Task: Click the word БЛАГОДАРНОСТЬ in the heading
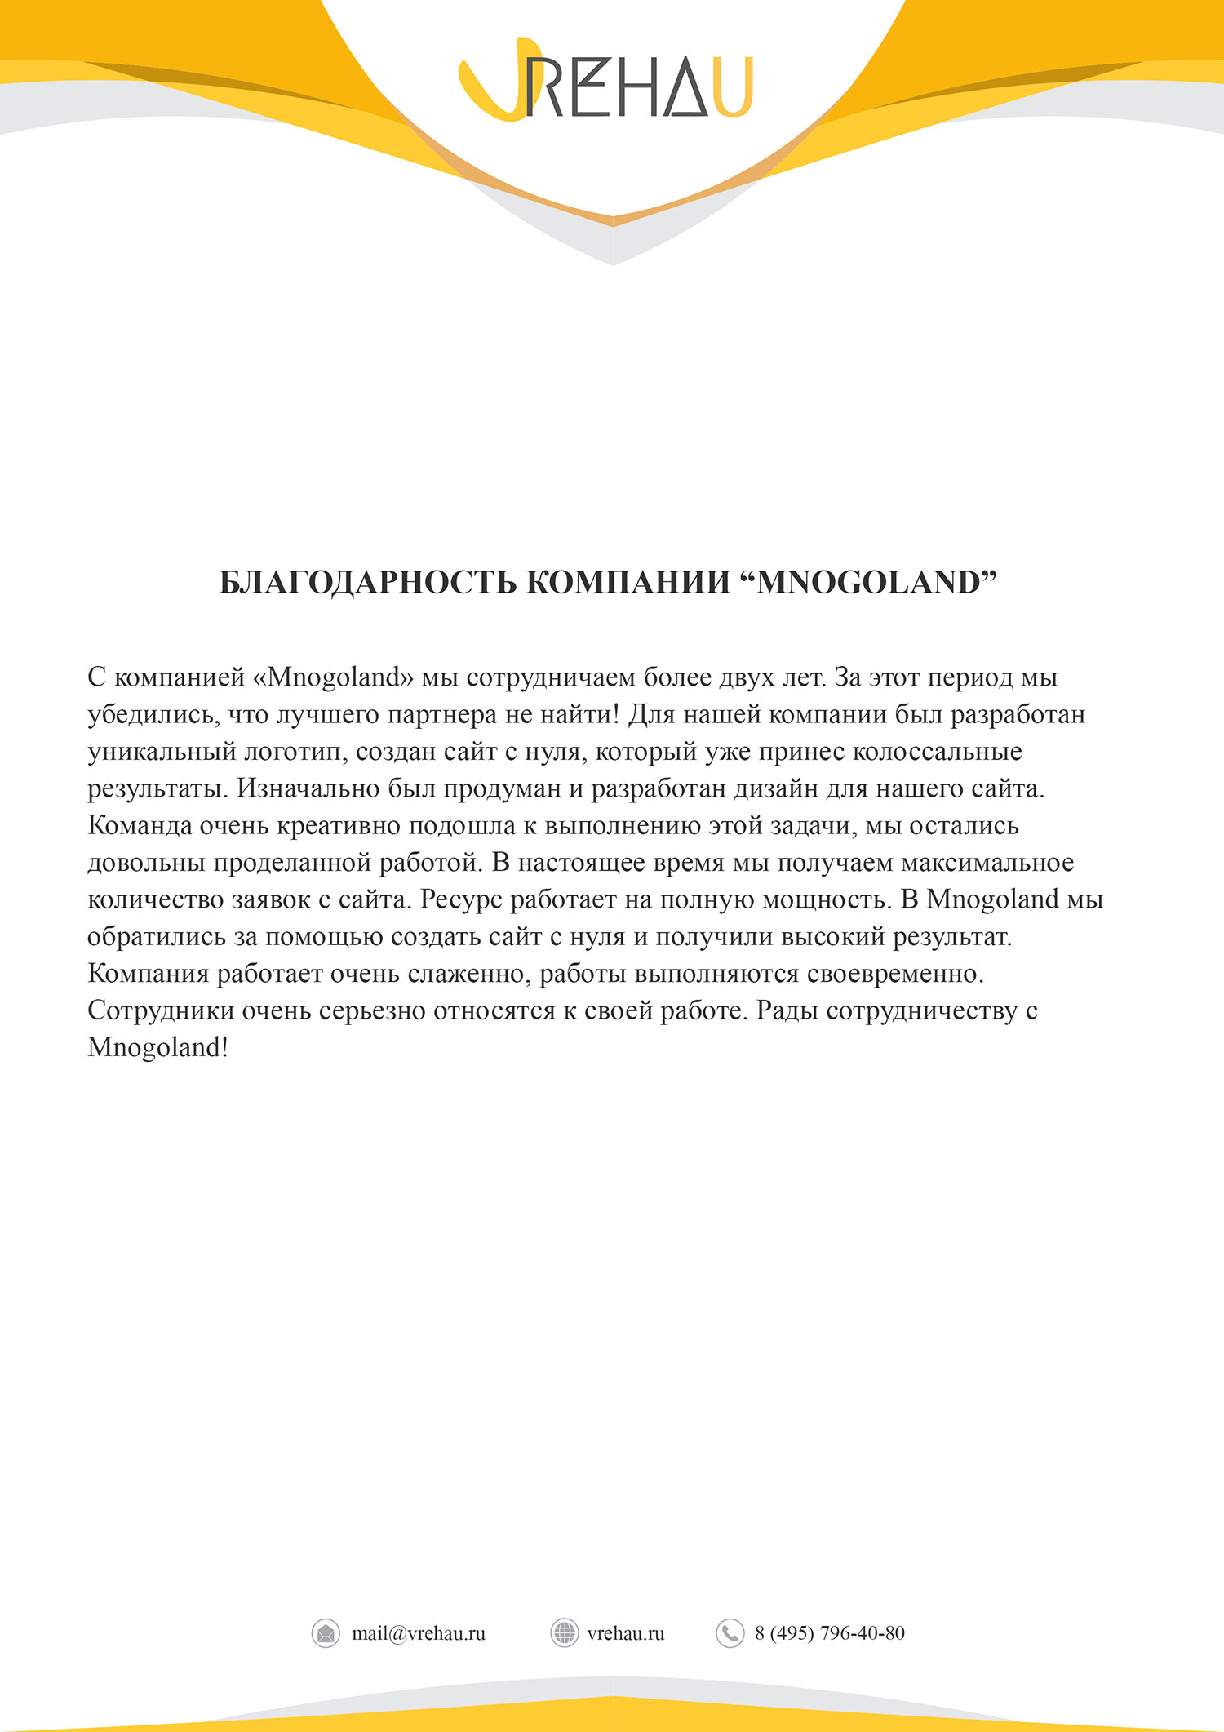click(x=367, y=583)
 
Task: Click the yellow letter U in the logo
click(x=732, y=87)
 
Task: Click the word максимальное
click(x=987, y=863)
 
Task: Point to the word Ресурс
click(x=461, y=899)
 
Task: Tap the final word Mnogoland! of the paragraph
click(x=157, y=1048)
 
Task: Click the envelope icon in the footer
click(x=326, y=1633)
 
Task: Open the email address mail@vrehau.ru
click(x=418, y=1633)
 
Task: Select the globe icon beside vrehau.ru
click(x=564, y=1633)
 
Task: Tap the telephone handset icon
click(x=730, y=1633)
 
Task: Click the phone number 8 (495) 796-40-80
click(x=829, y=1633)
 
